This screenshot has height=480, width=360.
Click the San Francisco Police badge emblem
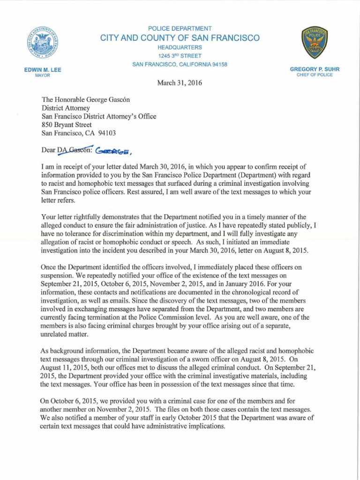[x=314, y=43]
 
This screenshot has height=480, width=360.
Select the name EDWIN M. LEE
[x=43, y=70]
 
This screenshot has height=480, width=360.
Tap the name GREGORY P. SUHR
[x=315, y=69]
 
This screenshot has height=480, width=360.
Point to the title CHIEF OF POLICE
[x=315, y=75]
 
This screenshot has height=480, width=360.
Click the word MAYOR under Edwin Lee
[x=43, y=75]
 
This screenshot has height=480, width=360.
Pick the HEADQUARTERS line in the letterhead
[x=180, y=47]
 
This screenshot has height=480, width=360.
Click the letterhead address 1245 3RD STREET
[x=180, y=56]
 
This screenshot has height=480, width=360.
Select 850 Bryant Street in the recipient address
[x=67, y=125]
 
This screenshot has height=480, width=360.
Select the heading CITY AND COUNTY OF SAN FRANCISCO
[x=180, y=38]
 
